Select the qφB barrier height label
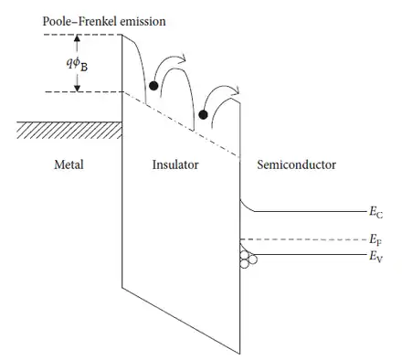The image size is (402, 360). pyautogui.click(x=77, y=64)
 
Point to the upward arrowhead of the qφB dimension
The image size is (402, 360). pyautogui.click(x=77, y=38)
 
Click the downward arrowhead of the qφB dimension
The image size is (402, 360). pyautogui.click(x=77, y=88)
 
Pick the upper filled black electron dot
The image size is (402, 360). pyautogui.click(x=153, y=86)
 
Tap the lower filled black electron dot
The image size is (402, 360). pyautogui.click(x=203, y=115)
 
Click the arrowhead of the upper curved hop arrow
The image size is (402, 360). pyautogui.click(x=183, y=58)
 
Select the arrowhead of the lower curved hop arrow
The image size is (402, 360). pyautogui.click(x=237, y=90)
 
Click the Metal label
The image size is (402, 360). pyautogui.click(x=69, y=164)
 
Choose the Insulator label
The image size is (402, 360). pyautogui.click(x=175, y=164)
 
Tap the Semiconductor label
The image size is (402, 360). pyautogui.click(x=297, y=164)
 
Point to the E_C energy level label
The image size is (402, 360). pyautogui.click(x=376, y=212)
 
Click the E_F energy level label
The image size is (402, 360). pyautogui.click(x=376, y=239)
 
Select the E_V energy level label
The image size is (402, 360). pyautogui.click(x=376, y=257)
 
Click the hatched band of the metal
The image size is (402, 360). pyautogui.click(x=69, y=130)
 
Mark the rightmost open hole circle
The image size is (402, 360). pyautogui.click(x=253, y=259)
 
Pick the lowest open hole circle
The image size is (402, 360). pyautogui.click(x=245, y=264)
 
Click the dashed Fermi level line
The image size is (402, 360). pyautogui.click(x=303, y=239)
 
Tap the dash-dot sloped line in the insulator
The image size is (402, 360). pyautogui.click(x=181, y=125)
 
